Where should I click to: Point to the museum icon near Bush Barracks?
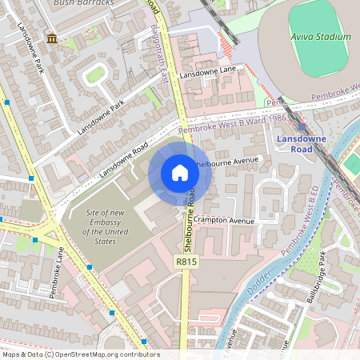52,38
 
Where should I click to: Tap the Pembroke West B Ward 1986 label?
233,123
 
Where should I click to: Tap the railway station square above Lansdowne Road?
302,126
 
